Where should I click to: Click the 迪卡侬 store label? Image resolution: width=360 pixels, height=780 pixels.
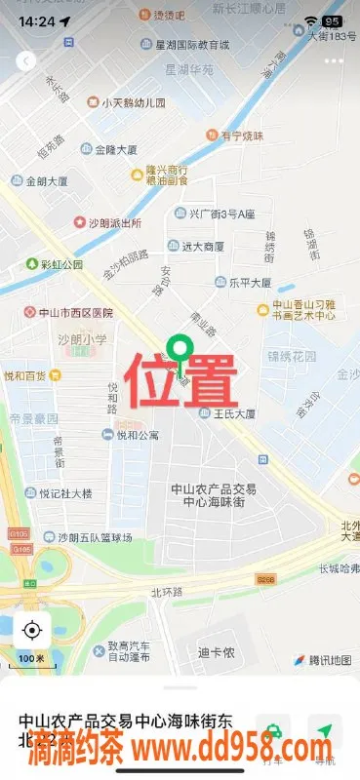point(215,652)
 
